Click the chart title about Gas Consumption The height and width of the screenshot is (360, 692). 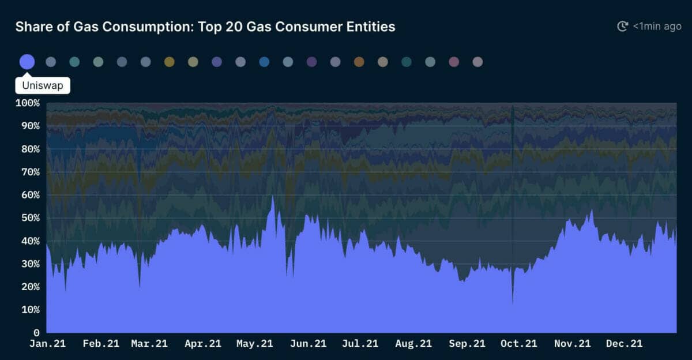[205, 27]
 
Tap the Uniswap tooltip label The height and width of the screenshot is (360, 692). [43, 86]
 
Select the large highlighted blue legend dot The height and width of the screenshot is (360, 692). [27, 62]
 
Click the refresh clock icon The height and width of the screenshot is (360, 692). [622, 26]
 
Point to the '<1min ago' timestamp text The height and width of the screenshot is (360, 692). [657, 26]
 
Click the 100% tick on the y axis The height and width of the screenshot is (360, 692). [27, 103]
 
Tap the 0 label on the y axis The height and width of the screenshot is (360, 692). [36, 333]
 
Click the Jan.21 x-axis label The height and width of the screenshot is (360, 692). [47, 344]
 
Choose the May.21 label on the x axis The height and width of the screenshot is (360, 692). [254, 344]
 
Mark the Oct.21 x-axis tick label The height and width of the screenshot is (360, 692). [518, 344]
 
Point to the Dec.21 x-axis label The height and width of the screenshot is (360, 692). [624, 344]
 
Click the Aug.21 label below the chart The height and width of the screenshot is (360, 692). [413, 344]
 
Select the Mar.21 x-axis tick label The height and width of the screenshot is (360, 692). [149, 344]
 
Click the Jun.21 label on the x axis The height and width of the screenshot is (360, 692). [307, 344]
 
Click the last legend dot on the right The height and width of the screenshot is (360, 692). [477, 62]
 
